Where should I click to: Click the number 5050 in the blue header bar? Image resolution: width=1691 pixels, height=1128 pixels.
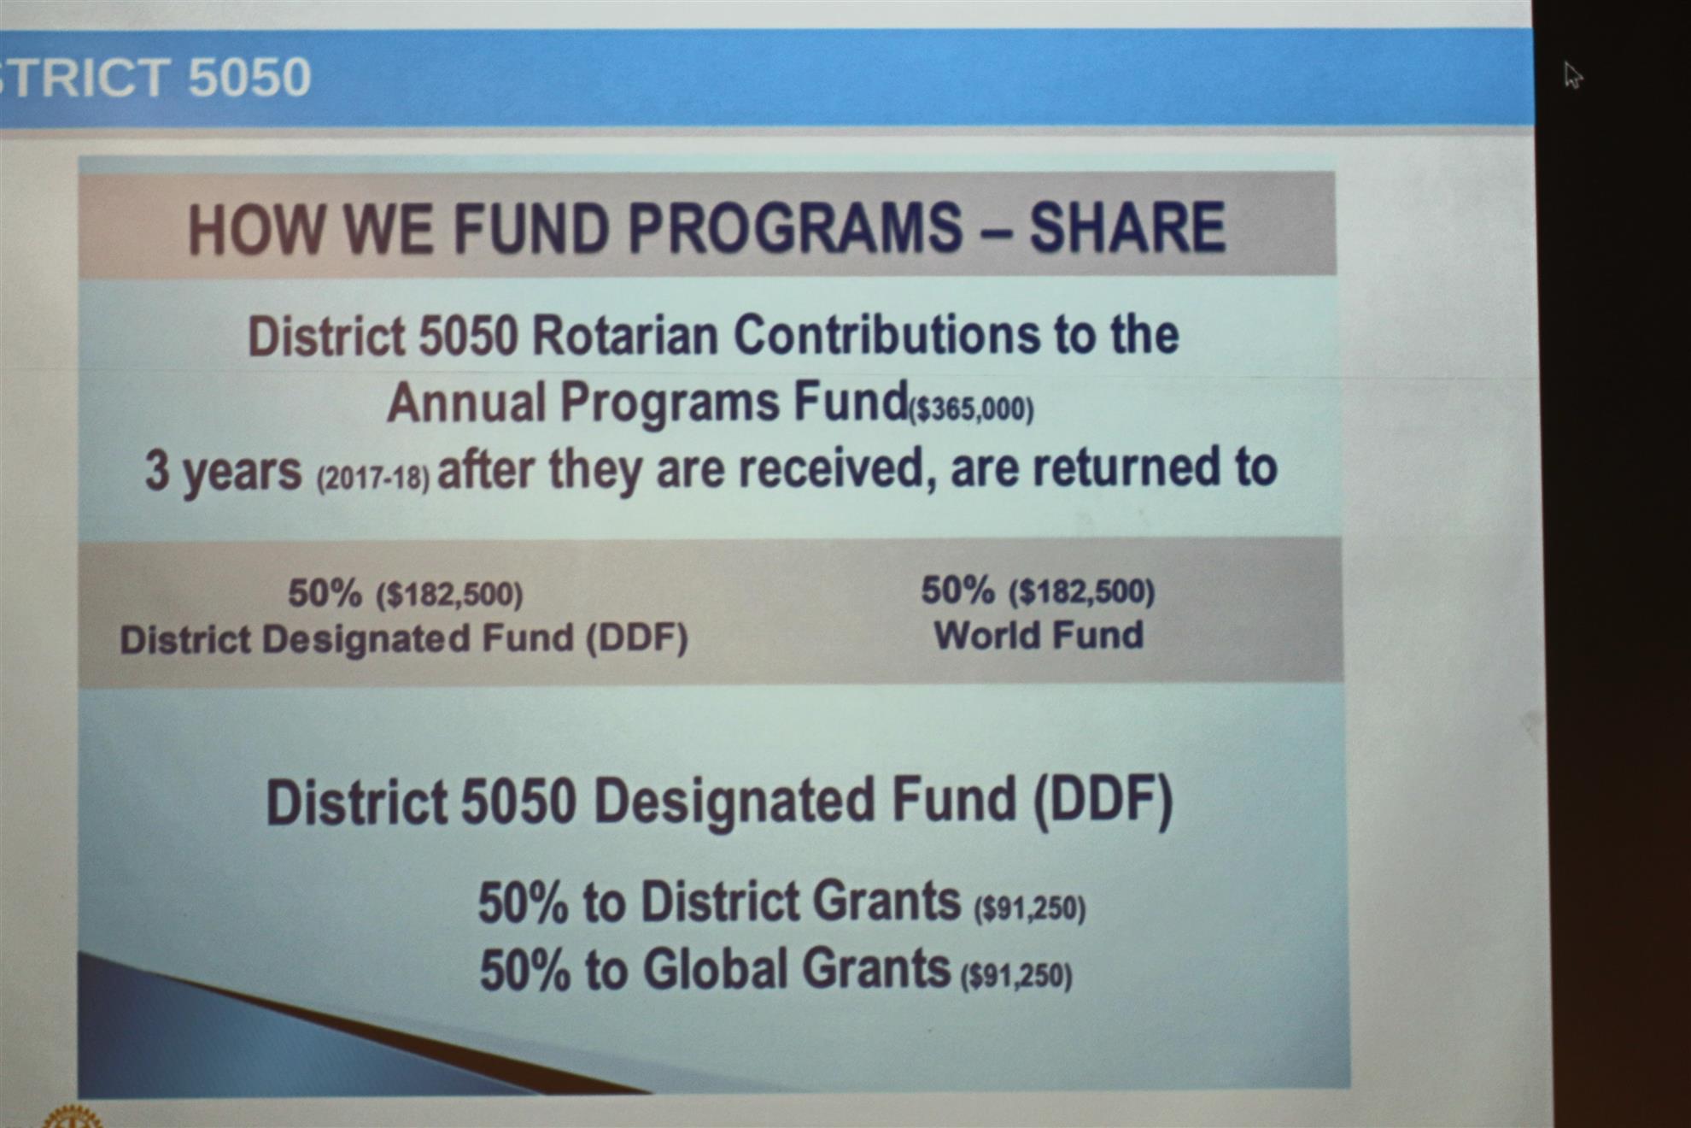249,77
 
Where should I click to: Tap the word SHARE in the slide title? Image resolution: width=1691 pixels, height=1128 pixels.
1127,227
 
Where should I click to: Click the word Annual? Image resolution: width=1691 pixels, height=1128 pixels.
466,402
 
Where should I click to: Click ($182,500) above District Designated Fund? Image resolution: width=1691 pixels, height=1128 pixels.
449,595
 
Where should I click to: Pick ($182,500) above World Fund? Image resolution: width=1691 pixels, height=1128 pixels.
1081,591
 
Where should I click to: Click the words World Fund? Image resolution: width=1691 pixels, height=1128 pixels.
1039,635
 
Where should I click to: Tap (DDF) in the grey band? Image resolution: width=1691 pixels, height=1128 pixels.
636,638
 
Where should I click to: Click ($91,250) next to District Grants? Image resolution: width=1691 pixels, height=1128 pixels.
1030,909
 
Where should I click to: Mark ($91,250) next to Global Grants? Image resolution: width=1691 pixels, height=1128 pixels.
1016,976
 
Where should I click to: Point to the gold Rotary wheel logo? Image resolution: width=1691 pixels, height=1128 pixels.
73,1117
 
